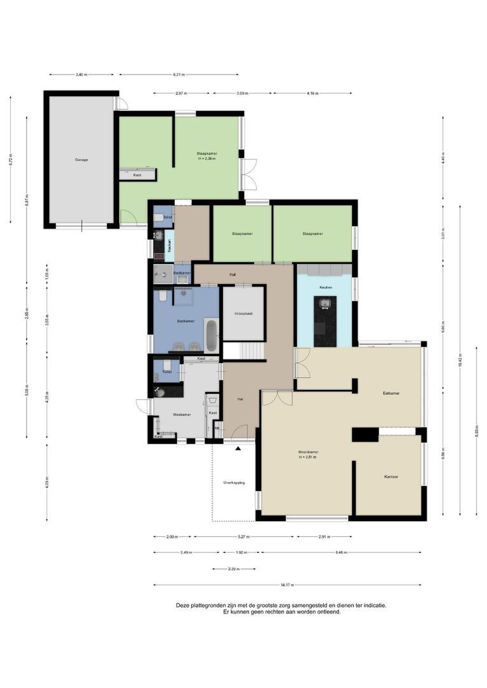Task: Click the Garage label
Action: pyautogui.click(x=81, y=159)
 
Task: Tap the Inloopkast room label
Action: pyautogui.click(x=243, y=313)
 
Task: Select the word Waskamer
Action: pyautogui.click(x=182, y=415)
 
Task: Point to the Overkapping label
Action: pyautogui.click(x=234, y=482)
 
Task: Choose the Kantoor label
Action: pyautogui.click(x=391, y=477)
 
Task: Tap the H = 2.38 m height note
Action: pyautogui.click(x=207, y=159)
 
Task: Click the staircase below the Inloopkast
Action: pyautogui.click(x=243, y=350)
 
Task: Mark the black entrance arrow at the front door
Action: pyautogui.click(x=238, y=449)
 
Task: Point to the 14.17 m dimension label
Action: pyautogui.click(x=287, y=585)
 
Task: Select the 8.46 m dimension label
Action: pyautogui.click(x=341, y=552)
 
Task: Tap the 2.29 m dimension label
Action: pyautogui.click(x=234, y=569)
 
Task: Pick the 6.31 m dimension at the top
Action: pyautogui.click(x=178, y=75)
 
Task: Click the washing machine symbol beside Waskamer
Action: pyautogui.click(x=212, y=401)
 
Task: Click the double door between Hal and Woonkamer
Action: pyautogui.click(x=277, y=398)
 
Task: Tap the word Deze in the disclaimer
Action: pyautogui.click(x=182, y=606)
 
